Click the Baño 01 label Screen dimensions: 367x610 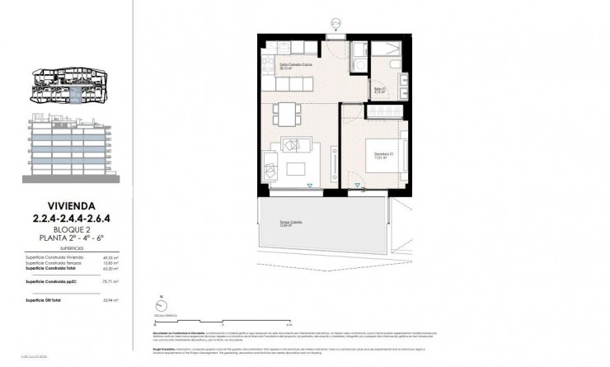[379, 90]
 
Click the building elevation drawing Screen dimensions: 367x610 [69, 148]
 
